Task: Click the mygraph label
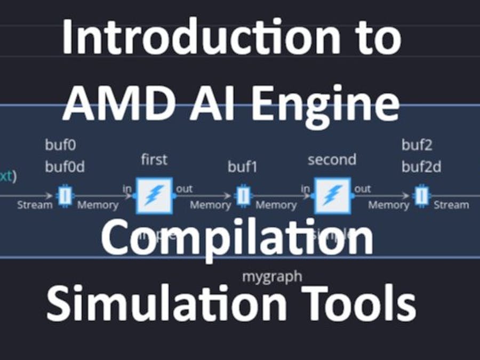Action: click(x=272, y=276)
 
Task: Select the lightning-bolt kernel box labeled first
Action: click(x=154, y=196)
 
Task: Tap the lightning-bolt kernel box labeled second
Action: click(x=332, y=196)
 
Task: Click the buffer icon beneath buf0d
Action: click(x=65, y=196)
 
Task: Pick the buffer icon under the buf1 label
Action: click(x=243, y=196)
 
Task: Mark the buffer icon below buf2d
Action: click(x=421, y=196)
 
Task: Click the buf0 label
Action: click(x=58, y=145)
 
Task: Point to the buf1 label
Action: click(x=243, y=166)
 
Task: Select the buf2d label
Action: click(x=421, y=167)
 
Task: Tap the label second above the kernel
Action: click(x=332, y=159)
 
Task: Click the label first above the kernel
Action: click(x=154, y=159)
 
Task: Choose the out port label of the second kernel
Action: click(x=363, y=189)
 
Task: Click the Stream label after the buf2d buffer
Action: click(x=451, y=205)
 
